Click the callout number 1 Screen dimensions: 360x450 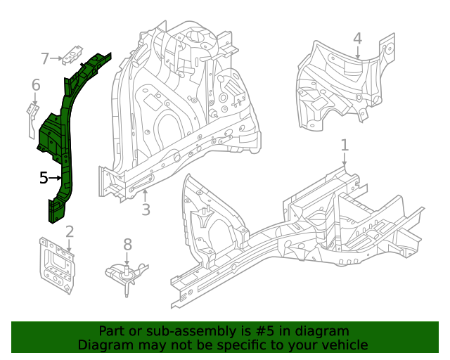tap(345, 145)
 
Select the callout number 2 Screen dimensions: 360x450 tap(70, 231)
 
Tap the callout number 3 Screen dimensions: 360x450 tap(146, 210)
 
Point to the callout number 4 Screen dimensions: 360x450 tap(357, 38)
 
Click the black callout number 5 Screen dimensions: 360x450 tap(44, 179)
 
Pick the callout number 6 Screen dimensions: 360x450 tap(36, 85)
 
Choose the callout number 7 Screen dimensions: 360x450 tap(45, 58)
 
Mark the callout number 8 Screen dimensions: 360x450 tap(127, 244)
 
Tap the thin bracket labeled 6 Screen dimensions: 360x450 tap(32, 118)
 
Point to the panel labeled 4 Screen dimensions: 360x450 tap(337, 84)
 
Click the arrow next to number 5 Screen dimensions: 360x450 tap(56, 179)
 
